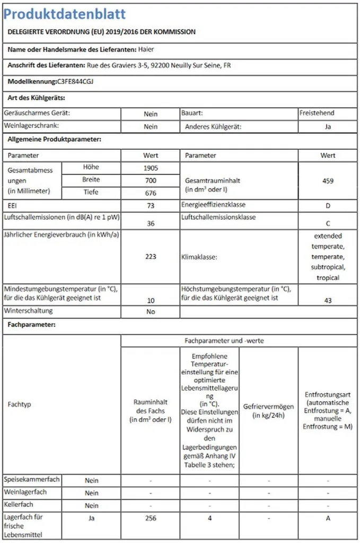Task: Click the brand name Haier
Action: [x=146, y=50]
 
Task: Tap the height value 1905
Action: [x=151, y=168]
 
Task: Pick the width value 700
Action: [x=151, y=180]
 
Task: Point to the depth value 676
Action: [x=151, y=193]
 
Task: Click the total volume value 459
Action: [x=328, y=181]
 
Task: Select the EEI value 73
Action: [x=151, y=205]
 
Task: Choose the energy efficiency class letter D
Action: [x=328, y=205]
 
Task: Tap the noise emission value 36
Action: [x=151, y=224]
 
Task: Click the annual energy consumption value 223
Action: [x=151, y=257]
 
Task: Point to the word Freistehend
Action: [x=317, y=113]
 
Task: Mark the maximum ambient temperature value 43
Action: [x=328, y=301]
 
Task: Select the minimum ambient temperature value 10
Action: [x=151, y=301]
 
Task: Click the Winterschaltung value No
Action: [x=151, y=312]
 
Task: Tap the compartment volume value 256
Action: [x=151, y=518]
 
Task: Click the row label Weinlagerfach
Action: [x=25, y=492]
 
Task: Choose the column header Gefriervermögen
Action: [x=268, y=407]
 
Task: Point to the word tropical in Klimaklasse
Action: [x=328, y=278]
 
